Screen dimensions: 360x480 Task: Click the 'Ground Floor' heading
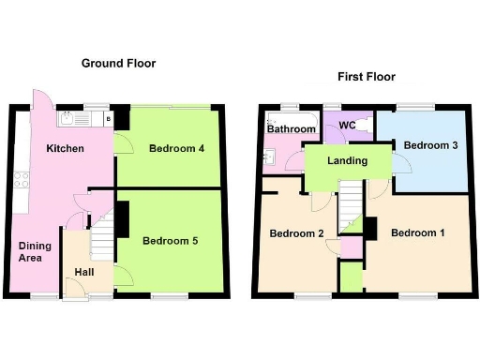118,64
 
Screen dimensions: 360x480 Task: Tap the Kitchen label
66,149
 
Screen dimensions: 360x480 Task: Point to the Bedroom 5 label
170,241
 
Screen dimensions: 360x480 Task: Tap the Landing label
346,161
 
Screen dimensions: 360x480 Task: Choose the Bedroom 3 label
430,145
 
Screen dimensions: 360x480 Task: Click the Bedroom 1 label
417,232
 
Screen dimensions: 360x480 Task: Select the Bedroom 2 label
295,232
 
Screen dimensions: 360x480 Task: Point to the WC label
347,125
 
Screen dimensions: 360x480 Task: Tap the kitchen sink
73,119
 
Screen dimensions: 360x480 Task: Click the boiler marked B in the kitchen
109,119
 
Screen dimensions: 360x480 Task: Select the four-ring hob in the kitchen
20,177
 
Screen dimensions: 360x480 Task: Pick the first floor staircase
351,206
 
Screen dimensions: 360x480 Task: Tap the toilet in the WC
368,124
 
